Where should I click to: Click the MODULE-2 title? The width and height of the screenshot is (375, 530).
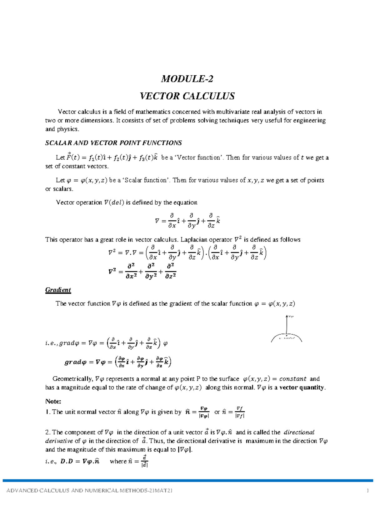click(187, 79)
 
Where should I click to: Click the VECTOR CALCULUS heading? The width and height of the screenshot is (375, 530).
click(187, 96)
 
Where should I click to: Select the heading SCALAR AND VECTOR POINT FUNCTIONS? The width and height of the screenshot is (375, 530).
click(113, 143)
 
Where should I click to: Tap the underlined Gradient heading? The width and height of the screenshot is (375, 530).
click(58, 290)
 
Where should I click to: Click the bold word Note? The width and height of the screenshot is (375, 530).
click(53, 401)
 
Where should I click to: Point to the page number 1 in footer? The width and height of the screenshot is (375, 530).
click(368, 491)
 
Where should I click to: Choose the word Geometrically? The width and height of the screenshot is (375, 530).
click(72, 379)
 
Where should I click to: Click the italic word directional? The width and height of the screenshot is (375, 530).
click(299, 432)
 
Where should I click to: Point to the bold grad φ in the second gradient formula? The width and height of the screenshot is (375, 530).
click(75, 362)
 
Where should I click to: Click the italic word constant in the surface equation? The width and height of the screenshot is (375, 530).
click(292, 379)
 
